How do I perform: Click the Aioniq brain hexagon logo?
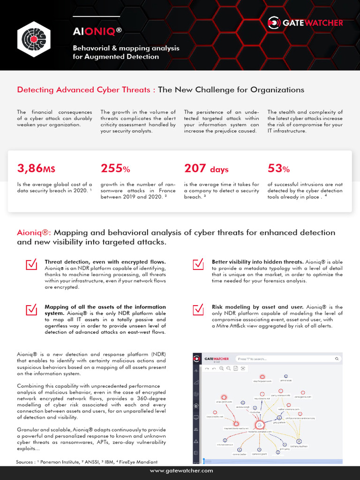click(x=34, y=38)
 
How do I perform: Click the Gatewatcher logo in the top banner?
click(x=305, y=22)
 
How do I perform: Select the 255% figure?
click(x=115, y=168)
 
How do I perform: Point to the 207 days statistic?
click(x=206, y=168)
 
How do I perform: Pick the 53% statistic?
click(x=278, y=168)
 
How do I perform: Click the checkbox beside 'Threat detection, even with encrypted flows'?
click(x=31, y=265)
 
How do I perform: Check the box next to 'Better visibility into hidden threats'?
click(x=198, y=265)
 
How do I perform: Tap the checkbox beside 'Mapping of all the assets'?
click(x=31, y=310)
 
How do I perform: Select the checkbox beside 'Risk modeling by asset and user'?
click(x=198, y=310)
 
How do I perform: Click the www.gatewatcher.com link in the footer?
click(x=181, y=470)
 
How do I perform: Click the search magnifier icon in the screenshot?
click(x=337, y=359)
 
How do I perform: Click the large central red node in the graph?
click(x=259, y=425)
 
